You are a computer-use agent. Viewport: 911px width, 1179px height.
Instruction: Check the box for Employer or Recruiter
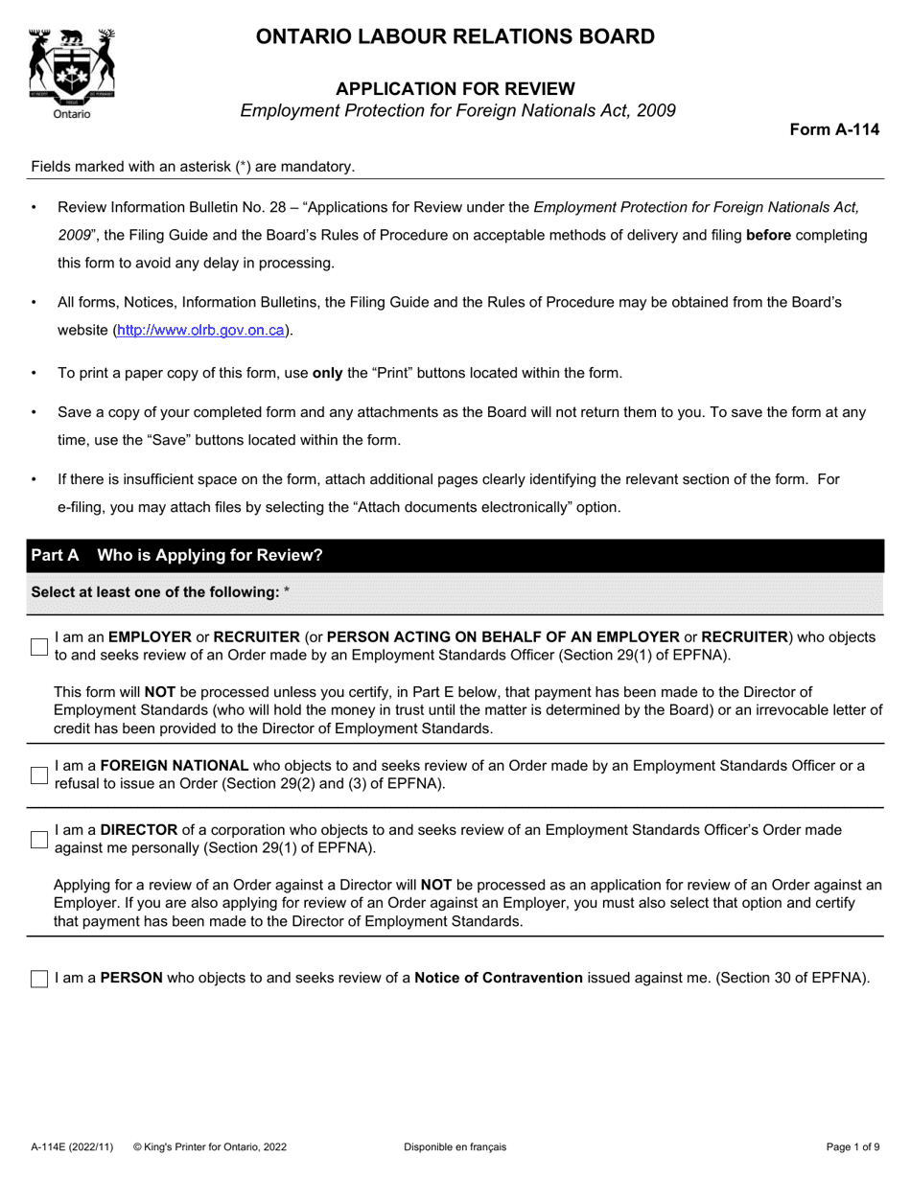(x=39, y=647)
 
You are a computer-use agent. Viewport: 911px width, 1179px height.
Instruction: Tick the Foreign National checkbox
(x=39, y=774)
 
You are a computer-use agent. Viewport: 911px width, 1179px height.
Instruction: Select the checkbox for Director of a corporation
(x=39, y=840)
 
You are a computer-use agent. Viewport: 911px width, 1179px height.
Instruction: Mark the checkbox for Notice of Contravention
(x=39, y=979)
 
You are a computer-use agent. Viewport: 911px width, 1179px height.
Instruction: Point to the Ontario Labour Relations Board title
(x=455, y=37)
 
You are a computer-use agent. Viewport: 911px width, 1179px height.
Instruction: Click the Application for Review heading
(x=455, y=89)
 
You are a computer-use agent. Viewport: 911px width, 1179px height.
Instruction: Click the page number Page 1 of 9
(x=853, y=1146)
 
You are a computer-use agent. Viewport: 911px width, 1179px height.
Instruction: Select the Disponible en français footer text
(x=455, y=1146)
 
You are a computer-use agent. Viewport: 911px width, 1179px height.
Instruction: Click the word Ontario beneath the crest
(x=72, y=114)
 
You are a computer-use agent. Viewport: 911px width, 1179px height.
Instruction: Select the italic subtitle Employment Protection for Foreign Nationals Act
(x=457, y=110)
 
